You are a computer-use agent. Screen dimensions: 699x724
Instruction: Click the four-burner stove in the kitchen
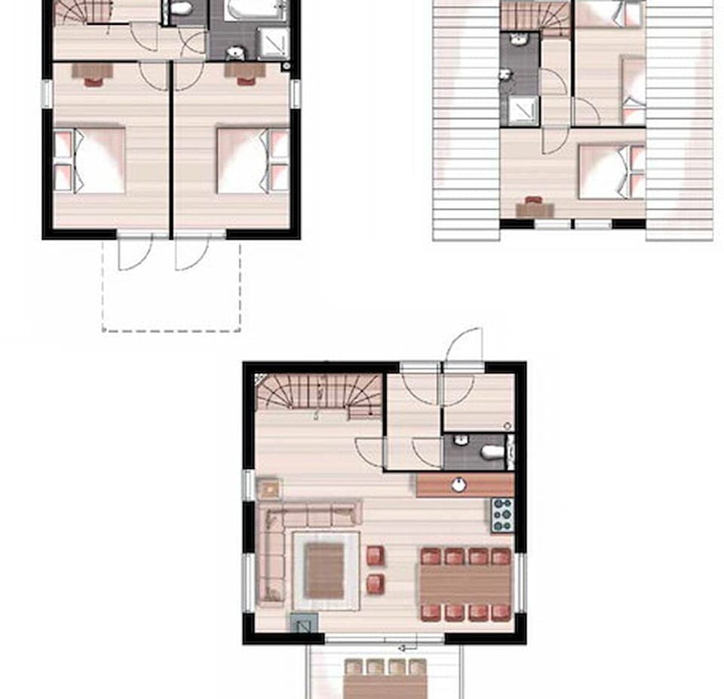(x=502, y=514)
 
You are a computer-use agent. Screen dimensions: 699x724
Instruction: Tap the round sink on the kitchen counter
(x=459, y=485)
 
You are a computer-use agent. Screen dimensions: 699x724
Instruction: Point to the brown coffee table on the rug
(x=325, y=571)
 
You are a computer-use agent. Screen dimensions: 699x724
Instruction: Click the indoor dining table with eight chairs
(x=465, y=584)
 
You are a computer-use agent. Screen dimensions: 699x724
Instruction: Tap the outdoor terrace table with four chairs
(x=385, y=682)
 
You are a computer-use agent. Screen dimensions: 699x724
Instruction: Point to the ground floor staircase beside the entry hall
(x=319, y=395)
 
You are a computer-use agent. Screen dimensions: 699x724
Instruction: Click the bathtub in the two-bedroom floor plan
(x=254, y=10)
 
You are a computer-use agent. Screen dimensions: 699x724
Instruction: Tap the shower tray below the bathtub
(x=272, y=43)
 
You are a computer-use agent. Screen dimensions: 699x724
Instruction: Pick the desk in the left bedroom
(x=92, y=71)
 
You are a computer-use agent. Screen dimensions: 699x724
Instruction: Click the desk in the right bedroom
(x=244, y=71)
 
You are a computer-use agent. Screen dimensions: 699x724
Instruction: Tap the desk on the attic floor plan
(x=535, y=209)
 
